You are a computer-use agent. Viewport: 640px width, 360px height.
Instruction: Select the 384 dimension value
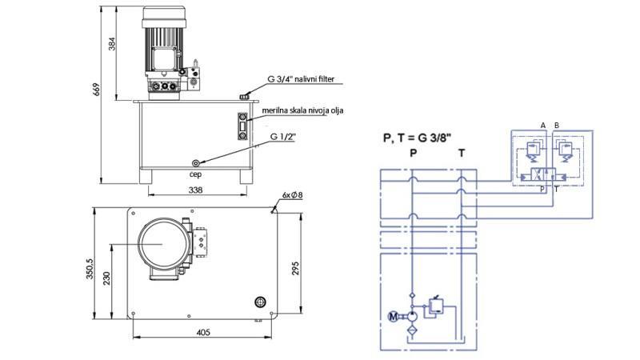(x=112, y=51)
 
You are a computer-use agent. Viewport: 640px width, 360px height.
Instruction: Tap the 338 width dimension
(x=195, y=190)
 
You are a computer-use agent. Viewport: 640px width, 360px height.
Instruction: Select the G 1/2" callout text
(x=282, y=137)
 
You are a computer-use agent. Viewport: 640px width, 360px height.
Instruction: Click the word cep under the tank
(x=194, y=171)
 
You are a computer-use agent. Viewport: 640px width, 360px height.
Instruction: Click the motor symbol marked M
(x=392, y=317)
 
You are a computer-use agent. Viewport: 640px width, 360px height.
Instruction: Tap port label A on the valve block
(x=542, y=126)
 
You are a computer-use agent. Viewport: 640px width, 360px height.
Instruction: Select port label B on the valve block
(x=556, y=126)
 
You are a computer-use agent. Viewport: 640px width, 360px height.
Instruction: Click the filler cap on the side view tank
(x=244, y=97)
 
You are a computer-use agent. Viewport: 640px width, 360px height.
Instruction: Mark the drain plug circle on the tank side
(x=195, y=162)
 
